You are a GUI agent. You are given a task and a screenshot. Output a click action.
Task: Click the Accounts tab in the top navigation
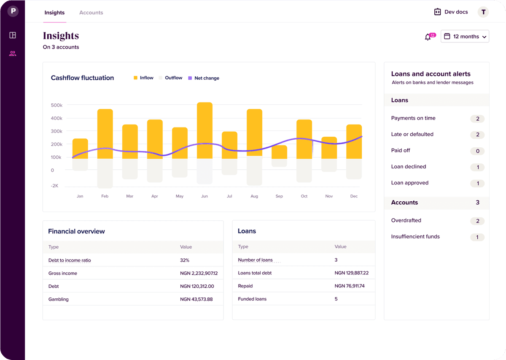pyautogui.click(x=91, y=13)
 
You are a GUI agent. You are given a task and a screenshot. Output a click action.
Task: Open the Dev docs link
pyautogui.click(x=451, y=12)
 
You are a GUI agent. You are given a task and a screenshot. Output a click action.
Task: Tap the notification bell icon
pyautogui.click(x=428, y=37)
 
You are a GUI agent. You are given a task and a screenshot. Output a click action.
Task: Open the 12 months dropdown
pyautogui.click(x=465, y=37)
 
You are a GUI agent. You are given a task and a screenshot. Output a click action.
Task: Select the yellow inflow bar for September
pyautogui.click(x=279, y=152)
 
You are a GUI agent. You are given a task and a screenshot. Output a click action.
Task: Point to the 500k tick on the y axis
pyautogui.click(x=57, y=105)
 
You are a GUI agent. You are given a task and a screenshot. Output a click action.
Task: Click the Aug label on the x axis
pyautogui.click(x=254, y=196)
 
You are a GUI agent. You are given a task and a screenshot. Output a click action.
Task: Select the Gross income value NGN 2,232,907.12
pyautogui.click(x=202, y=273)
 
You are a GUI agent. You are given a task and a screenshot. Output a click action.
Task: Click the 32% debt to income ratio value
pyautogui.click(x=185, y=260)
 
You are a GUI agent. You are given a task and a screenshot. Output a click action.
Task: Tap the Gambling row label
pyautogui.click(x=59, y=299)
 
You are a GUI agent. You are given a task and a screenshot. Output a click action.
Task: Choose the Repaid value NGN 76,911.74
pyautogui.click(x=350, y=286)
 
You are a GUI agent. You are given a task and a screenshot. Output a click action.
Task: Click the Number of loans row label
pyautogui.click(x=256, y=260)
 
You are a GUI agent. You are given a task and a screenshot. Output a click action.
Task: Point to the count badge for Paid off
pyautogui.click(x=477, y=151)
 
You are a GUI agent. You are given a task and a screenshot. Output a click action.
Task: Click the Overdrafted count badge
pyautogui.click(x=477, y=221)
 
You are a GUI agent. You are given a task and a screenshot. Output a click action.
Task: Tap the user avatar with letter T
pyautogui.click(x=483, y=12)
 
